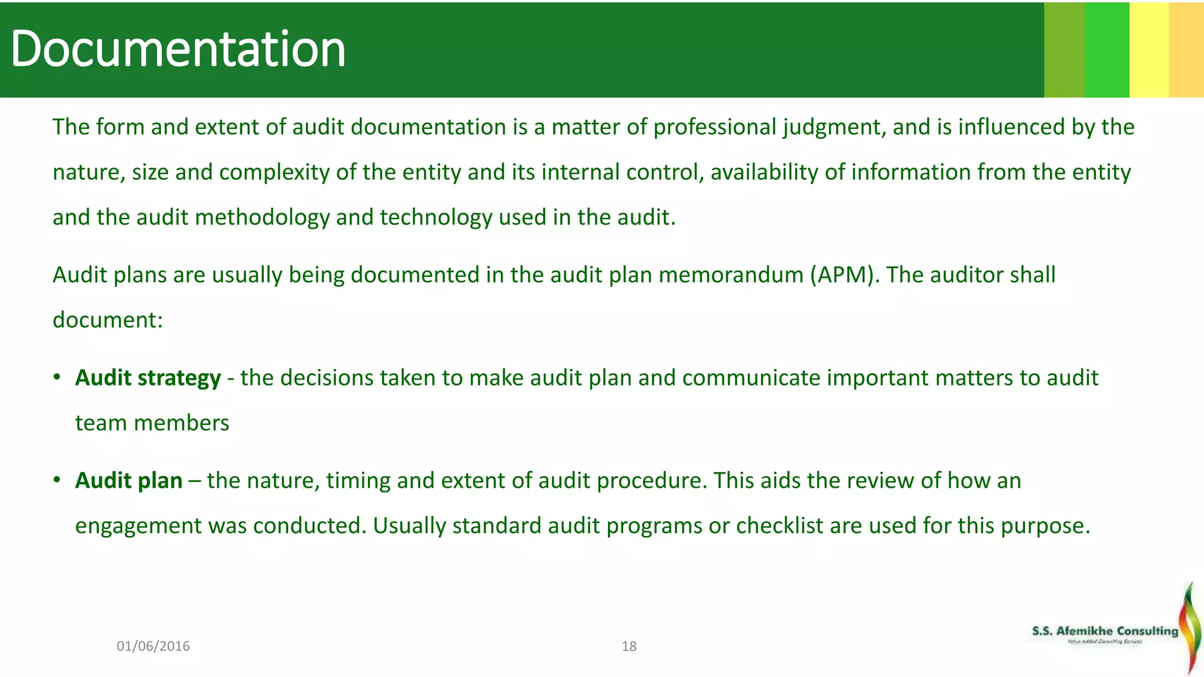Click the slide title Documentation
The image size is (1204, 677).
(178, 49)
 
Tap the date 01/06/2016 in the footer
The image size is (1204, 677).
(153, 646)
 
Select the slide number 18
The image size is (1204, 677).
(629, 646)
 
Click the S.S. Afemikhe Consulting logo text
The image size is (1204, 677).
(1105, 631)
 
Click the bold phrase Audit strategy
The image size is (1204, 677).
(148, 378)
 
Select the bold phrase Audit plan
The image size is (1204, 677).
(129, 481)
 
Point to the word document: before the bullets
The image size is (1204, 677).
(108, 320)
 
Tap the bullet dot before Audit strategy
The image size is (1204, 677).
(57, 377)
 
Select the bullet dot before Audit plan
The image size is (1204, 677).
(57, 480)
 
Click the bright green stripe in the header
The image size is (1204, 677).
(1107, 49)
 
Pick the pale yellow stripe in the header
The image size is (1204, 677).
(1149, 49)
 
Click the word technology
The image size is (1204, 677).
(436, 217)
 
